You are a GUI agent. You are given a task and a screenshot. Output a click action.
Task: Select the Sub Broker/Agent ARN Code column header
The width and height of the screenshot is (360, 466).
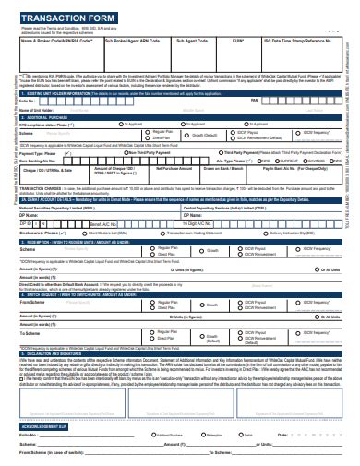(x=136, y=42)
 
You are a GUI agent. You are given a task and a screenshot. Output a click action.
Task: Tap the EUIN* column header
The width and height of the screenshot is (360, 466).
(x=238, y=42)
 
